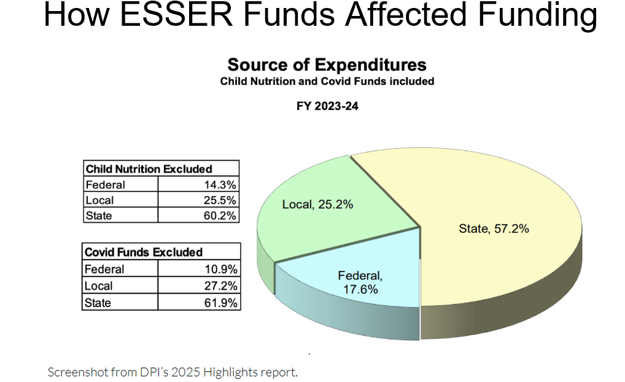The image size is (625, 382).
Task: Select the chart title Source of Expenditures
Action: [x=327, y=65]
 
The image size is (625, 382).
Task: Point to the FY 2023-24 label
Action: [x=327, y=106]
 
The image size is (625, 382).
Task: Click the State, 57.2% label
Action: [x=494, y=229]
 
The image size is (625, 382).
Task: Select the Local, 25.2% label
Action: [x=317, y=205]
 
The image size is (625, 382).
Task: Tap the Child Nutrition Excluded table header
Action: [x=149, y=169]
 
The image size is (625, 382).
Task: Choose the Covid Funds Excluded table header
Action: [x=144, y=252]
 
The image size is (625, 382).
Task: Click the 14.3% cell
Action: [x=222, y=185]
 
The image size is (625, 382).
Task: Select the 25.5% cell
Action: [x=222, y=200]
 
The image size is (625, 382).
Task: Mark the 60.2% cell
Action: [x=222, y=216]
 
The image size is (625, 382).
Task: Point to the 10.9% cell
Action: [x=222, y=269]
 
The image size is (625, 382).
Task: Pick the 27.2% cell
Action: [x=222, y=286]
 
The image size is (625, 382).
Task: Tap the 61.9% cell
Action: [x=222, y=303]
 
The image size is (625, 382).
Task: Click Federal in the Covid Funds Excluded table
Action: [x=104, y=269]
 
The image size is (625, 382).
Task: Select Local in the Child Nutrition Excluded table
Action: [x=99, y=200]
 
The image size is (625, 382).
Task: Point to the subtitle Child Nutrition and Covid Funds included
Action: [x=327, y=82]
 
